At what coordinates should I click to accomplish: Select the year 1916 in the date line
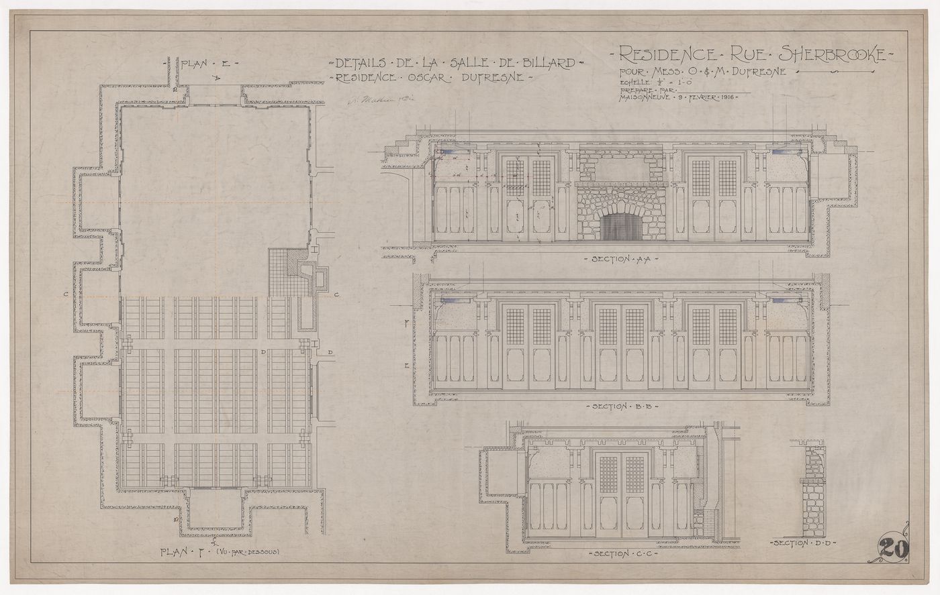coord(726,97)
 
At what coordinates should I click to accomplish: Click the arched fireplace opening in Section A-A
coord(621,227)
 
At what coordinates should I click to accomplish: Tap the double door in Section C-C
coord(621,493)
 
